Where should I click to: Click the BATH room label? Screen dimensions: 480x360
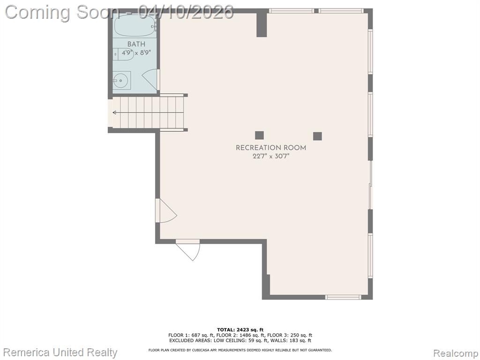[x=136, y=45]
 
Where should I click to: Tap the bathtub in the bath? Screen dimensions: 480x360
[x=135, y=25]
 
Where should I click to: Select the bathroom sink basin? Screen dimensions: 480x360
[x=121, y=81]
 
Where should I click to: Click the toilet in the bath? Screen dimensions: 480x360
[x=123, y=54]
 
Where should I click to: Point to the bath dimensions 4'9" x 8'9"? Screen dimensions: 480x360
[x=136, y=52]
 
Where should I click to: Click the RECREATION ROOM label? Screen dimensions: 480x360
[x=271, y=148]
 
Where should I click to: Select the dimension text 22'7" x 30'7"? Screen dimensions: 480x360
[x=271, y=156]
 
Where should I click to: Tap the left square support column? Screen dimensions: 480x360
[x=259, y=135]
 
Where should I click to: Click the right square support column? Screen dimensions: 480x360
[x=317, y=136]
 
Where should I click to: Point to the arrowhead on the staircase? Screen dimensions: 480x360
[x=114, y=112]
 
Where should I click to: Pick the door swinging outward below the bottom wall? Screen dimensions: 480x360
[x=188, y=250]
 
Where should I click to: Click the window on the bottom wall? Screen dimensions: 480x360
[x=343, y=297]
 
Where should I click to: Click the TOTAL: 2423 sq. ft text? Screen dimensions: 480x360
[x=240, y=330]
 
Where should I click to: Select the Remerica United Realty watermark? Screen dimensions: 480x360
[x=60, y=352]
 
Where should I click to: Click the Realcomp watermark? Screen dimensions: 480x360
[x=456, y=353]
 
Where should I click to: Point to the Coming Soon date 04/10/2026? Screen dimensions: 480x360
[x=186, y=12]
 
